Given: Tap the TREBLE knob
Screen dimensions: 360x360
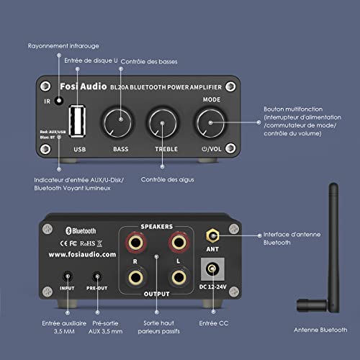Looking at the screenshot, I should (x=163, y=123).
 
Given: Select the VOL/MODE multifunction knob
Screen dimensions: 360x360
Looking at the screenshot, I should (x=210, y=123).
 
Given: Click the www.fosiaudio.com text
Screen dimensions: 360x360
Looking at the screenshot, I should (x=82, y=254).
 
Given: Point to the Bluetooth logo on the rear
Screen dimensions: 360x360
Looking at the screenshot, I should (x=81, y=230).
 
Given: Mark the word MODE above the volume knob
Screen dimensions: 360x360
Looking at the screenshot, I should (x=212, y=99).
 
